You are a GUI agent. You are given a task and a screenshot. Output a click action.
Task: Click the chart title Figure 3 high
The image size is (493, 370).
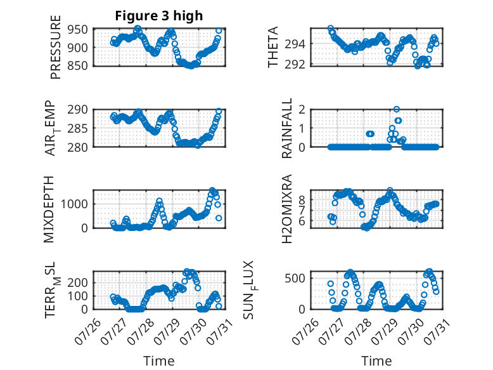pyautogui.click(x=159, y=17)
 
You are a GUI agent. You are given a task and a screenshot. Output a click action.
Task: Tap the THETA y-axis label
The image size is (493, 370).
pyautogui.click(x=273, y=47)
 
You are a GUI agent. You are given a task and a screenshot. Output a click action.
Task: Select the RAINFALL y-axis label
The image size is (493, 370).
pyautogui.click(x=287, y=128)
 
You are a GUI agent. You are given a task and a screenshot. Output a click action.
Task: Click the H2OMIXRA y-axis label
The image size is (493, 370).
pyautogui.click(x=287, y=209)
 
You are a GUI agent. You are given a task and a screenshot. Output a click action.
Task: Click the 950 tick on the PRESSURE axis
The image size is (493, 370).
pyautogui.click(x=80, y=30)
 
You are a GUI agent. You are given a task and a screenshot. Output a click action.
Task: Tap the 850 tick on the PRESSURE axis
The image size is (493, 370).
pyautogui.click(x=80, y=65)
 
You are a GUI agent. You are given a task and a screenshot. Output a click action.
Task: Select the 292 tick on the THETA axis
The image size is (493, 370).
pyautogui.click(x=297, y=64)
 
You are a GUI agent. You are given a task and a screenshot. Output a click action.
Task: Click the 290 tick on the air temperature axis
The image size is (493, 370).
pyautogui.click(x=80, y=109)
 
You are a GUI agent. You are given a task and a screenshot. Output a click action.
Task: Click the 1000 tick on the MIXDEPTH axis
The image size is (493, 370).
pyautogui.click(x=77, y=204)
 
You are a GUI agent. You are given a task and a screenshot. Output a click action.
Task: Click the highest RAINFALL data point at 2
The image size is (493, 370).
pyautogui.click(x=397, y=109)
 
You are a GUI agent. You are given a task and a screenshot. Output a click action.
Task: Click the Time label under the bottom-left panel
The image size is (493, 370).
pyautogui.click(x=159, y=360)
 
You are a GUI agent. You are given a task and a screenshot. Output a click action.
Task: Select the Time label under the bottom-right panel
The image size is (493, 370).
pyautogui.click(x=376, y=360)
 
